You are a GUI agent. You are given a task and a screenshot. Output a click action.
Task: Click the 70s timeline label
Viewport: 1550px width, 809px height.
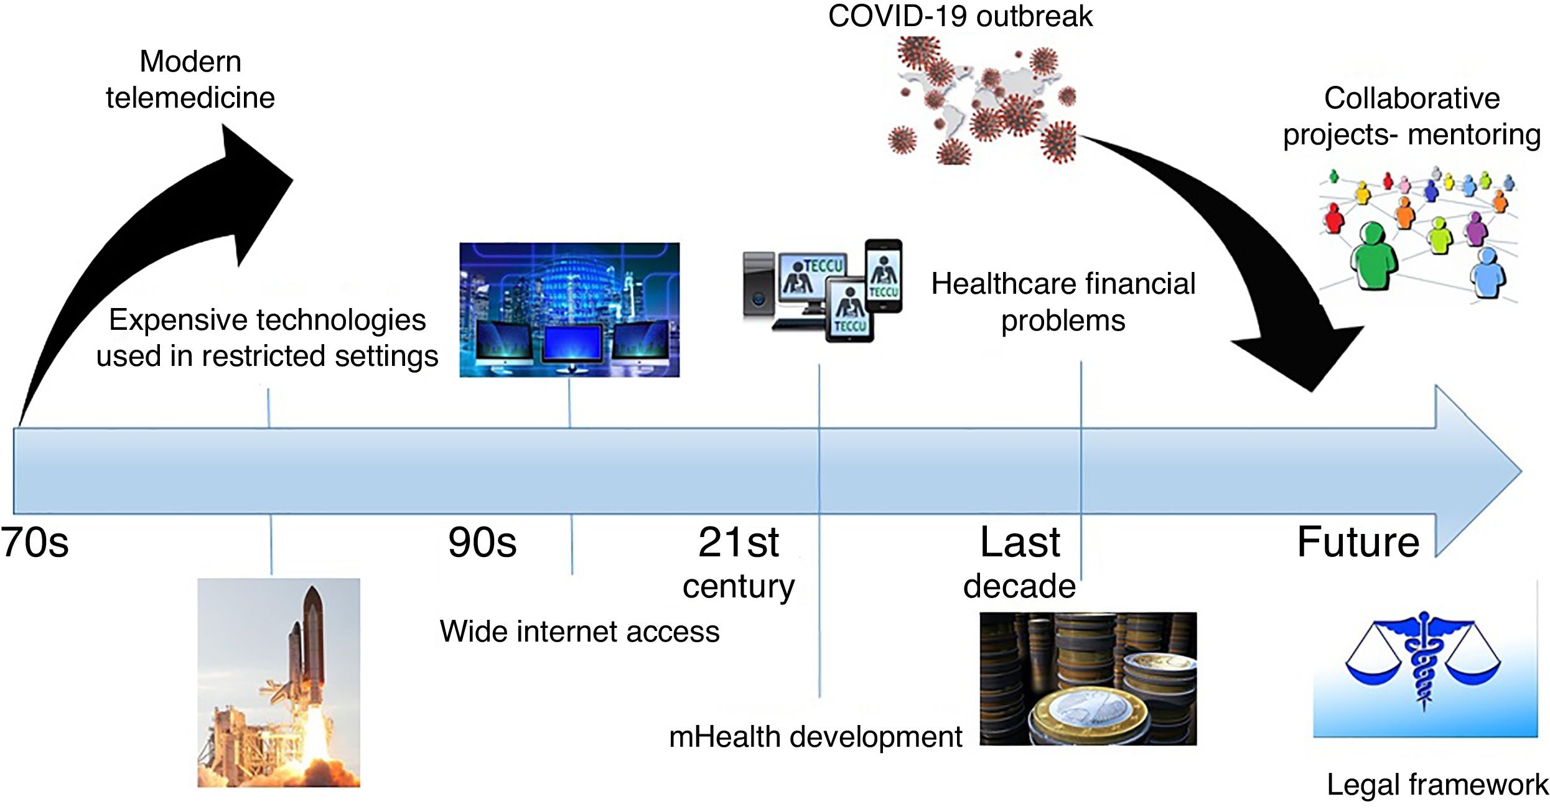coord(35,543)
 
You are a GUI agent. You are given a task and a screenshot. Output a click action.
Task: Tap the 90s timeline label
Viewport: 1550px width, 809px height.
coord(482,543)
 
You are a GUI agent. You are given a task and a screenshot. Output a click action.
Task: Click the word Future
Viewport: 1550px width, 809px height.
coord(1358,543)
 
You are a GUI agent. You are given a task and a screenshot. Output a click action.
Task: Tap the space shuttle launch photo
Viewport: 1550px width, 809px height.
coord(278,682)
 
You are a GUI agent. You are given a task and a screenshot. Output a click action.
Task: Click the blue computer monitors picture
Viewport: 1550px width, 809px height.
coord(569,309)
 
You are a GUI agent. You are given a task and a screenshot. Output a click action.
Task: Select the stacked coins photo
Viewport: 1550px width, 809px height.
coord(1088,678)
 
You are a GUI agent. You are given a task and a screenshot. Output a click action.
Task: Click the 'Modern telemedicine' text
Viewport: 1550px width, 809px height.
coord(190,80)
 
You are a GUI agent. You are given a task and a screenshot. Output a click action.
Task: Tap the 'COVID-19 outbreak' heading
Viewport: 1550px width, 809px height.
coord(960,16)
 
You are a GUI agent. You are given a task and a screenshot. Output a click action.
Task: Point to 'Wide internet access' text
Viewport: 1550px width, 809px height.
coord(579,631)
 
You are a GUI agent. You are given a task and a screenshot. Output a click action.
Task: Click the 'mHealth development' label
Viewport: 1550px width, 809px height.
coord(815,737)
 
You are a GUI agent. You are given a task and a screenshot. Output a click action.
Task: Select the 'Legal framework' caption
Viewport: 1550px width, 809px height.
coord(1437,784)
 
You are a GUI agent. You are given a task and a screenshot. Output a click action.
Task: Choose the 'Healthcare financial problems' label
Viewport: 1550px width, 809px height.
coord(1063,302)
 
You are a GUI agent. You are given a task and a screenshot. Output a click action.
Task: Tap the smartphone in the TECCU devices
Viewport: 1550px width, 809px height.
coord(884,275)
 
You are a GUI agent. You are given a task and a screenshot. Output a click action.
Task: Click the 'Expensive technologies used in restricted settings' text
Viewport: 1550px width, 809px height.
coord(267,338)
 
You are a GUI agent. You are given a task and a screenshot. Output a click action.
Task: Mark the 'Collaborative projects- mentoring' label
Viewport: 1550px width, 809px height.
coord(1411,116)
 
